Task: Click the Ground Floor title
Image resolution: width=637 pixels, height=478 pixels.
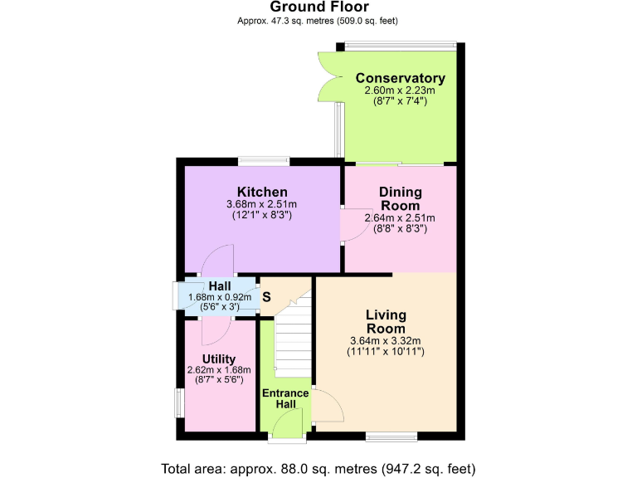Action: [318, 7]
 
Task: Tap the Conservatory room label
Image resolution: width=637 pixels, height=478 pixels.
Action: [401, 79]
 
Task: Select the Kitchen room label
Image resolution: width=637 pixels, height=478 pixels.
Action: [262, 193]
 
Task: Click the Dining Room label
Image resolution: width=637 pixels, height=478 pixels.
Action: [401, 198]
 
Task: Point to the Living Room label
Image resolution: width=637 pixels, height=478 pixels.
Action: [386, 321]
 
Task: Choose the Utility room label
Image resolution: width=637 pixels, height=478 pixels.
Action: [219, 358]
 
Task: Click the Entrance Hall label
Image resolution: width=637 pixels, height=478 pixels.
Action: [285, 398]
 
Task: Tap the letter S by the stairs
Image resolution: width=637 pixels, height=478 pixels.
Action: [266, 296]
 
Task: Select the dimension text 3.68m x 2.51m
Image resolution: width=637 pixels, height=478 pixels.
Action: [262, 205]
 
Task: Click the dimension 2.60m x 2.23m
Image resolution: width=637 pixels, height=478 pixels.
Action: [401, 90]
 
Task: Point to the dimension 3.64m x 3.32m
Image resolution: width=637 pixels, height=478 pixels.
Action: [386, 340]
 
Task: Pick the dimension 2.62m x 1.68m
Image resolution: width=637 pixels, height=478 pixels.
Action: [219, 370]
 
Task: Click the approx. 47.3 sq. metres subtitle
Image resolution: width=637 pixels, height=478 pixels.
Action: [318, 21]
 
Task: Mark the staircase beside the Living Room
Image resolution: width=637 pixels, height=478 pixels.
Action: [292, 340]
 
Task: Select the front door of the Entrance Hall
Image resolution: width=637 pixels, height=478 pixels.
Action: [287, 428]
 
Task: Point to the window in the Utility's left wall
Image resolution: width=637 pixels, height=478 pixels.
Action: [179, 402]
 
